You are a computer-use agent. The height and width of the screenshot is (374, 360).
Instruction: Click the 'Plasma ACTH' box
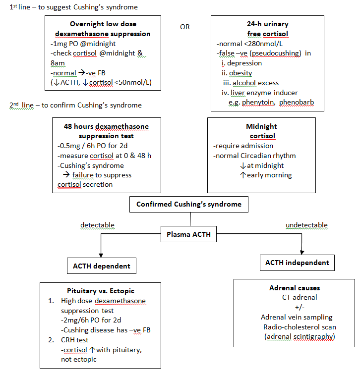(188, 235)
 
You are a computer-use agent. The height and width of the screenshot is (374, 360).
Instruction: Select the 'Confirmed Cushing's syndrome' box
(188, 204)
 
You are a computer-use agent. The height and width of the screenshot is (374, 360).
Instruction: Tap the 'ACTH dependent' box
(101, 266)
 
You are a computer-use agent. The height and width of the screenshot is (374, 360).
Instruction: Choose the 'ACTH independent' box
(297, 262)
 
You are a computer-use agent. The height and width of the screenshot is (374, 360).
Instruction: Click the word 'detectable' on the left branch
(98, 225)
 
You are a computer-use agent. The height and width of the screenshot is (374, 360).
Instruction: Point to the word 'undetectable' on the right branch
(306, 225)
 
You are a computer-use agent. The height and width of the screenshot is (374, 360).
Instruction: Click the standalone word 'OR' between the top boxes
(184, 27)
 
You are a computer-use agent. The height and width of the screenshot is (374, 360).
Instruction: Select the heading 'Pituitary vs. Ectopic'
(100, 291)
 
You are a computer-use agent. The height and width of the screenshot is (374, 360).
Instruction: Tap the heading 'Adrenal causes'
(295, 287)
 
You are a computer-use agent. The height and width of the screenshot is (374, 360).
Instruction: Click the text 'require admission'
(243, 146)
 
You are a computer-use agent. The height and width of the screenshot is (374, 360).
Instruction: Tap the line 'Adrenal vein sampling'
(297, 317)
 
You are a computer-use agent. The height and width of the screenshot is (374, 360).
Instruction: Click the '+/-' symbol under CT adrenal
(296, 307)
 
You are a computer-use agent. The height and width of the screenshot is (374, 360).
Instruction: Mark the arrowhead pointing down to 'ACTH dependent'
(101, 254)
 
